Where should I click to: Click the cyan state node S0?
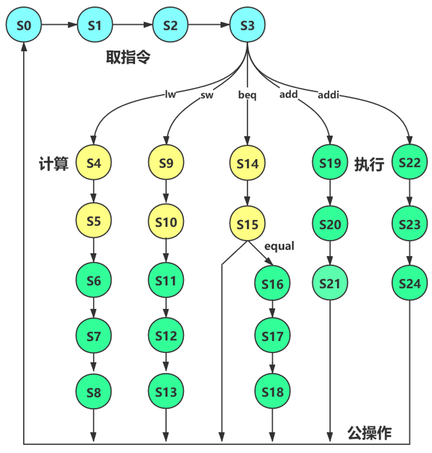tap(24, 25)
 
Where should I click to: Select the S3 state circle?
tap(247, 25)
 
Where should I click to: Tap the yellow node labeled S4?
tap(94, 162)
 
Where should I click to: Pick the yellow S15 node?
tap(247, 224)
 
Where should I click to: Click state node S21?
tap(330, 283)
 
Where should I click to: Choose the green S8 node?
tap(94, 392)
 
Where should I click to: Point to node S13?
tap(166, 391)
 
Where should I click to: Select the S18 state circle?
tap(272, 391)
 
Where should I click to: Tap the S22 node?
tap(409, 162)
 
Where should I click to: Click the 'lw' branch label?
tap(170, 94)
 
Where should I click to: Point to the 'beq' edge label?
tap(247, 95)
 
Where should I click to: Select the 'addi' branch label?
tap(328, 94)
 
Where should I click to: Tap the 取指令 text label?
tap(128, 57)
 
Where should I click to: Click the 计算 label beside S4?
tap(54, 163)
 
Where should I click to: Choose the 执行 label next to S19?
tap(369, 164)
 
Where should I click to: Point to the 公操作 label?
tap(369, 433)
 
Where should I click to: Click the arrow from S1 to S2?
tap(132, 25)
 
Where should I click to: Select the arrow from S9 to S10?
tap(166, 192)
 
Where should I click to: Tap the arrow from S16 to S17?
tap(272, 309)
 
